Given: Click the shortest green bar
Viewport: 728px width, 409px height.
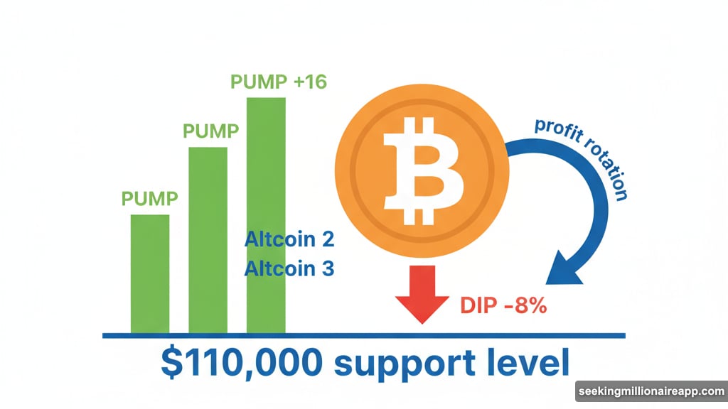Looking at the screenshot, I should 150,273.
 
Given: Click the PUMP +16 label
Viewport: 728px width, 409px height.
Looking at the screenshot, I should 278,82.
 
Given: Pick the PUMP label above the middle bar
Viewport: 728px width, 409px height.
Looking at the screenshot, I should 210,131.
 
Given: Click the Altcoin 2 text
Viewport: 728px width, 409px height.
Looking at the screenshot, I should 289,239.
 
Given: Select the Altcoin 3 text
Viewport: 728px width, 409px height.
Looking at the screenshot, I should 289,268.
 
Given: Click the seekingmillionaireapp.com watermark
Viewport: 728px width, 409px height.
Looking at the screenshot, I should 651,392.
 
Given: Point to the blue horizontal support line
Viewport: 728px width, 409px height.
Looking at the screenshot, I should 498,335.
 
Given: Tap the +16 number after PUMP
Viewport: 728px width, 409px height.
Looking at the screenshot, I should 310,82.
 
